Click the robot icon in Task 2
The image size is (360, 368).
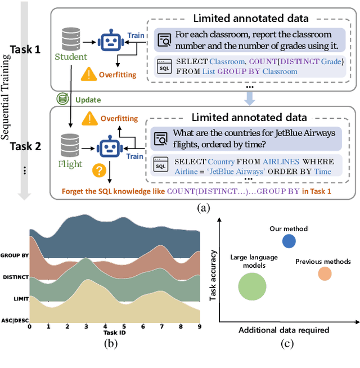(110, 147)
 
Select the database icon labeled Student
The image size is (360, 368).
(71, 38)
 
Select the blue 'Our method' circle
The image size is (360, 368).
(289, 241)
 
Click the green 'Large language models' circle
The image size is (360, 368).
(251, 286)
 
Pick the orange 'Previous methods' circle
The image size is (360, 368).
(325, 273)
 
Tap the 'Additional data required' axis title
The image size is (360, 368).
(284, 329)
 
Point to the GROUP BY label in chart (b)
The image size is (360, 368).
(15, 255)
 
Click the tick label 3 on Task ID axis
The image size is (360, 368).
(86, 326)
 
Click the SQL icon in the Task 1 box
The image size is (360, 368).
(163, 66)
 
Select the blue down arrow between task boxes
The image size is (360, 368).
(250, 100)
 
